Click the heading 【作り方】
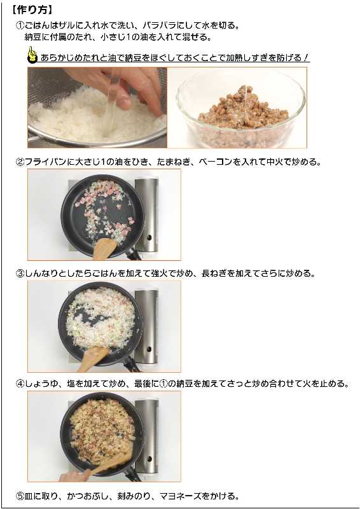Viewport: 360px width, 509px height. (x=32, y=10)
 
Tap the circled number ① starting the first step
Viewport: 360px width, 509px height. (x=20, y=25)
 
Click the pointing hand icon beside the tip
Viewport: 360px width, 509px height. (x=32, y=55)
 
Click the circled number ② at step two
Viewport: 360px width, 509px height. (x=20, y=162)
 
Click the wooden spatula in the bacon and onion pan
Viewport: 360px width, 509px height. (x=103, y=249)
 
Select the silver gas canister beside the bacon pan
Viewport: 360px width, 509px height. (x=147, y=214)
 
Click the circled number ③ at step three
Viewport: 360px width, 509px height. (x=20, y=274)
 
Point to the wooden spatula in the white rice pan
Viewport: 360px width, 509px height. (x=93, y=359)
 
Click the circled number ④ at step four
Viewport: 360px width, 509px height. (x=20, y=384)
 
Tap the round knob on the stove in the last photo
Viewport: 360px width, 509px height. (x=149, y=459)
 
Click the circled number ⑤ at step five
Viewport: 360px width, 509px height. (x=20, y=496)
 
